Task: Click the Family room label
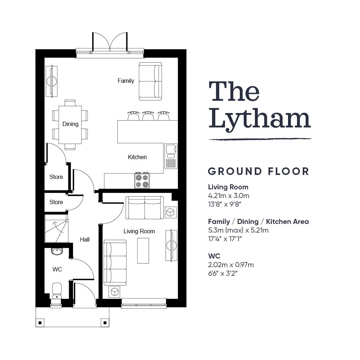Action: coord(126,81)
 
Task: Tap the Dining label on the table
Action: coord(71,124)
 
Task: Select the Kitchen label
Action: coord(137,157)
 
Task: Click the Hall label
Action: coord(85,239)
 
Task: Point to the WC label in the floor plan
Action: coord(57,269)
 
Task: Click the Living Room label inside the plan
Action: coord(139,231)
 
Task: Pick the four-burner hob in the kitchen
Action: coord(142,181)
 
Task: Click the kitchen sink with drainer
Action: coord(171,156)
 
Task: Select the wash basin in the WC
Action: coord(57,251)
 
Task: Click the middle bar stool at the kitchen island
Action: coord(148,116)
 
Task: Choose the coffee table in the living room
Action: coord(143,251)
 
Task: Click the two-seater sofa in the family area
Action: coord(150,81)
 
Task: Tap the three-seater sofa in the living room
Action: coord(115,263)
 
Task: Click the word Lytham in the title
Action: coord(260,120)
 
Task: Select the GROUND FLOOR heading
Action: coord(258,171)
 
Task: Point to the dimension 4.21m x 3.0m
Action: coord(229,196)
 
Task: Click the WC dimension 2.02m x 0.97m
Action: coord(231,265)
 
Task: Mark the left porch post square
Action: coord(40,323)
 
